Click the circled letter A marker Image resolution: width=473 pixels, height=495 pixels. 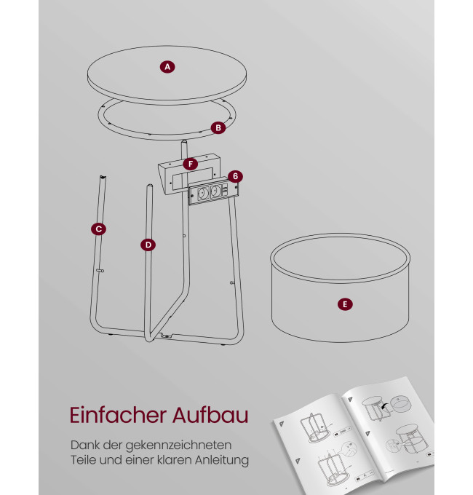(167, 67)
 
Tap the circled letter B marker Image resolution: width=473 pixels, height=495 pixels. (218, 128)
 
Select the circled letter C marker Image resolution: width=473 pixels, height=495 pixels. (98, 229)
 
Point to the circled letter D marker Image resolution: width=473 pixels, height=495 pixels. (148, 245)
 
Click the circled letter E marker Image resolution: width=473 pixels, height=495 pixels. (345, 304)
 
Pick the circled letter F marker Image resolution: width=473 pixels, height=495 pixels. (190, 164)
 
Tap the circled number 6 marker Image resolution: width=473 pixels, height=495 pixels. (235, 176)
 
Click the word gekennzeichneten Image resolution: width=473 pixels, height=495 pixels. (178, 445)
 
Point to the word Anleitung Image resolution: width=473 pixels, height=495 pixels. (222, 460)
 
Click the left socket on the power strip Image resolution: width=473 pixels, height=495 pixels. (202, 193)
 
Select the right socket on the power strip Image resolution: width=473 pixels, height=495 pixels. (215, 191)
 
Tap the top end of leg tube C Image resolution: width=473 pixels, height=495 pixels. (103, 177)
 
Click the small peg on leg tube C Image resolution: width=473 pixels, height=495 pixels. (100, 271)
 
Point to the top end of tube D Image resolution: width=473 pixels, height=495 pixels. (150, 186)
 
